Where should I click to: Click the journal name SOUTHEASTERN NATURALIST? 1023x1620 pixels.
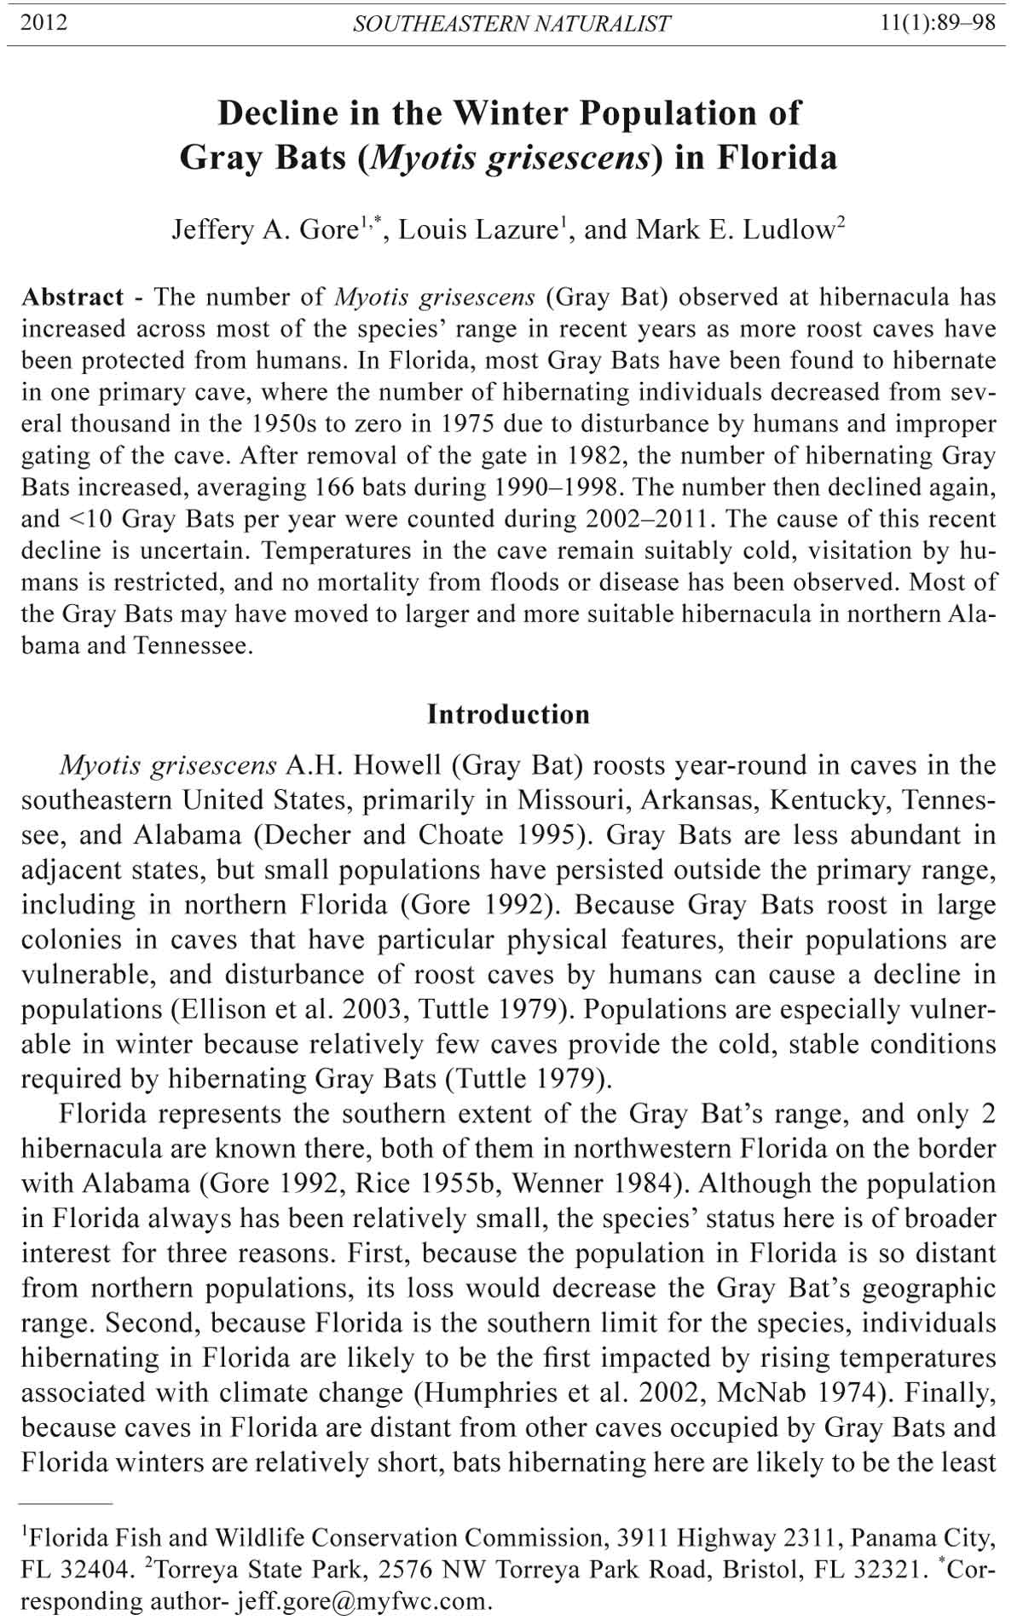click(511, 24)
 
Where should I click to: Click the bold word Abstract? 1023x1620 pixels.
click(73, 297)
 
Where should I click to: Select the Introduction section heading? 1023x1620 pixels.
click(508, 714)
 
